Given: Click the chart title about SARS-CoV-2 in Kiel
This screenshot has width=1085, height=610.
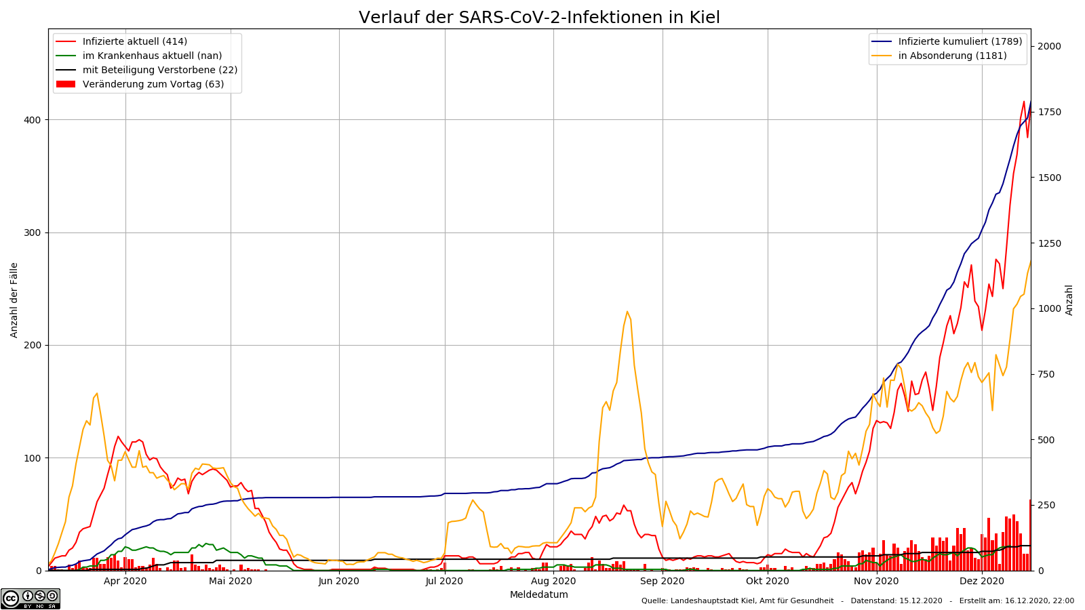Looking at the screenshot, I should (x=539, y=18).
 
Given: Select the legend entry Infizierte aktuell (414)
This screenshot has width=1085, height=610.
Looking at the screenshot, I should (x=134, y=42).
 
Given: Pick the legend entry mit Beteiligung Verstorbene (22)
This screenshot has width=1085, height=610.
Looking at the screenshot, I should (x=159, y=70).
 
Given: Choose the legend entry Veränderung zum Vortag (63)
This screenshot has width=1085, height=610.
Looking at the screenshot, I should (x=153, y=85).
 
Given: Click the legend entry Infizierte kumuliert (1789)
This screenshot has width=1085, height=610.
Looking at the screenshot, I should (x=960, y=42).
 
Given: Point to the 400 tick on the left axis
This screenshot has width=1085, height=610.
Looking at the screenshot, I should (x=33, y=120).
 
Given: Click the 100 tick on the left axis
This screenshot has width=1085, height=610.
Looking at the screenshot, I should (x=33, y=458).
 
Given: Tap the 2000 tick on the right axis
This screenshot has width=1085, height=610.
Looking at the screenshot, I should (x=1049, y=46).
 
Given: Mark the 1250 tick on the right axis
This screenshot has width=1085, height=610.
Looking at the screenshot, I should (x=1049, y=243).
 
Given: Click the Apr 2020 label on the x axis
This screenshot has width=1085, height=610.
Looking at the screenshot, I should (x=125, y=581).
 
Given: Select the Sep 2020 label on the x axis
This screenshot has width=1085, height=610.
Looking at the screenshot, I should (x=663, y=581).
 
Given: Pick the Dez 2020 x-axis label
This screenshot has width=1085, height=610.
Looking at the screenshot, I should (x=982, y=581).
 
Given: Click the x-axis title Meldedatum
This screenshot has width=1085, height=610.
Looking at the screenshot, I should (x=539, y=595).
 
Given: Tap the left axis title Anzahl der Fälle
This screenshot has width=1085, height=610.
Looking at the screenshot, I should (x=14, y=300).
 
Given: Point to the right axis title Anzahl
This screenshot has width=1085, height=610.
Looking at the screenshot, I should (x=1069, y=300).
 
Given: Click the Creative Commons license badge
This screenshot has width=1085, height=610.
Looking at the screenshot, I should (x=31, y=598).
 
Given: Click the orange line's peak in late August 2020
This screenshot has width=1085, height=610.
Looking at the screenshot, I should (x=627, y=312).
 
